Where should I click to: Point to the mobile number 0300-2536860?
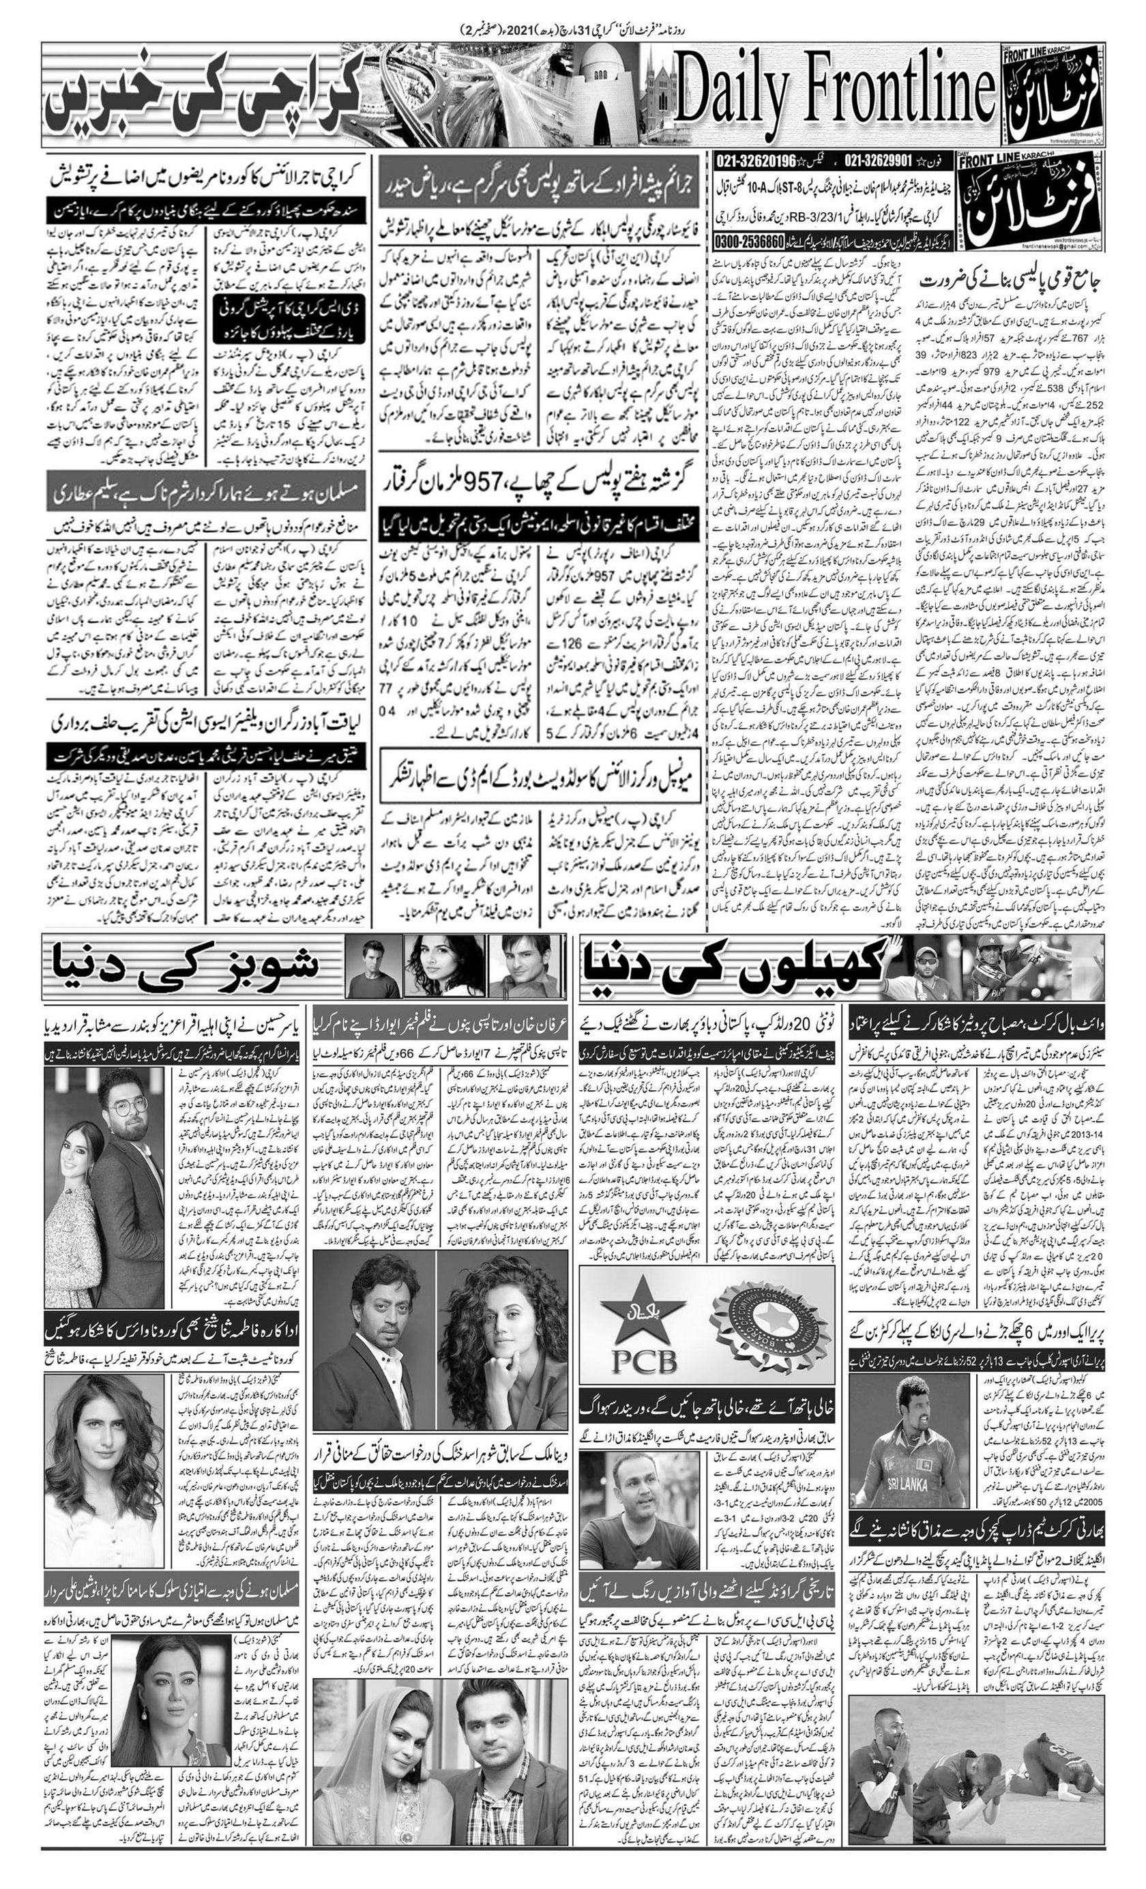pos(750,239)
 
